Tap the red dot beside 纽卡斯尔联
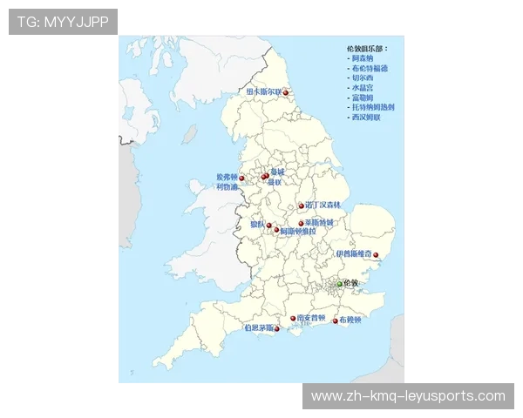(x=285, y=93)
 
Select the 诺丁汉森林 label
(x=323, y=206)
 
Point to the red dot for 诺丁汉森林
(x=302, y=206)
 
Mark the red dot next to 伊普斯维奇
(x=376, y=256)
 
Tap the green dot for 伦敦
(x=340, y=284)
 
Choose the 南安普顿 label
(x=311, y=318)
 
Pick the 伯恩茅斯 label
(x=260, y=328)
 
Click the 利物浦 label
(x=227, y=186)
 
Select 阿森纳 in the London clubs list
(x=362, y=57)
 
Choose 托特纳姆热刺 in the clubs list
(x=374, y=107)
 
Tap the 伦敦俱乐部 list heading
(x=367, y=47)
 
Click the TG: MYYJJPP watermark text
(x=63, y=21)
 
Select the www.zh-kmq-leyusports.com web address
(x=408, y=396)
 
